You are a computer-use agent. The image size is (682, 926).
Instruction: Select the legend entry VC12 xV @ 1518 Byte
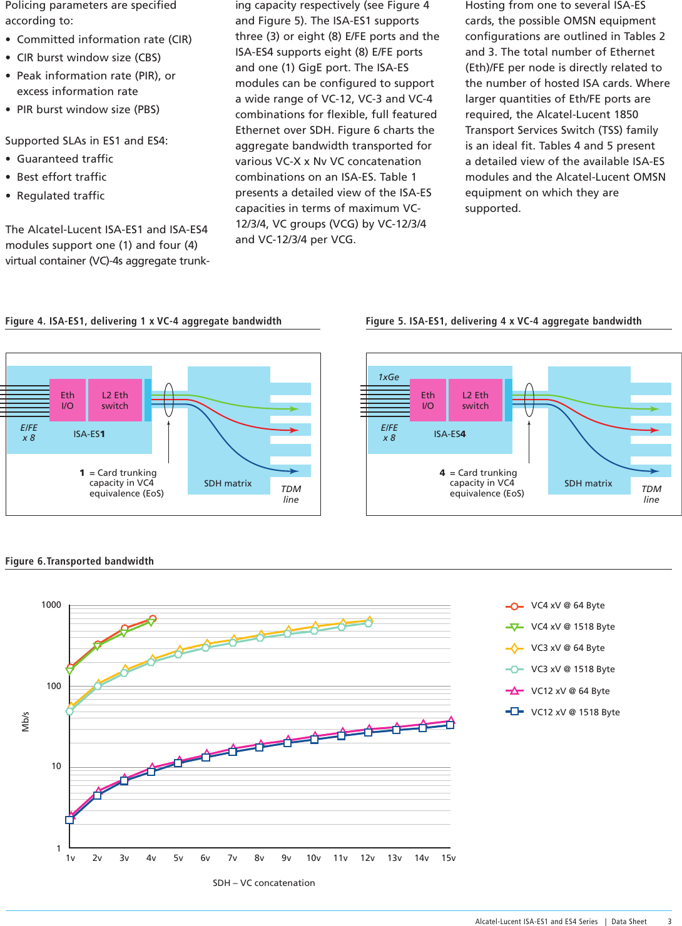coord(574,712)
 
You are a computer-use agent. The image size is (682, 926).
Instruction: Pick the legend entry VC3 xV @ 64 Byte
coord(567,648)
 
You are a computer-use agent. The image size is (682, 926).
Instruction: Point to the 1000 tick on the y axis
coord(51,605)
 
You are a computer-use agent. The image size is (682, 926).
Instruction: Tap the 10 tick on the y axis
coord(56,766)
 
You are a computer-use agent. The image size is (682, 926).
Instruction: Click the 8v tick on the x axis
coord(259,858)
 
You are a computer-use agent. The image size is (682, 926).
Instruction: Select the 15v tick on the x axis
coord(449,858)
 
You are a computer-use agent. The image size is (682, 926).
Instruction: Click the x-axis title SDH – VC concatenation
coord(263,883)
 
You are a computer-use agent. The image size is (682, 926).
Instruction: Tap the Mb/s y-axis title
coord(26,721)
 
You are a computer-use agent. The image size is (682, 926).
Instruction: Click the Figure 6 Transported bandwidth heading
coord(79,561)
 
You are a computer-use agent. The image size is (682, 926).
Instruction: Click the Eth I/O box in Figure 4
coord(68,400)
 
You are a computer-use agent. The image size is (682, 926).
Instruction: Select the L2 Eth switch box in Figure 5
coord(476,400)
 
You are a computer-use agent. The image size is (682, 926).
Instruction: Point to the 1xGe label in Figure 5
coord(389,377)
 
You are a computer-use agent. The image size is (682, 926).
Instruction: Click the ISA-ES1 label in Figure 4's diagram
coord(89,434)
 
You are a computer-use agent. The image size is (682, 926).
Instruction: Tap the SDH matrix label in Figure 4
coord(228,483)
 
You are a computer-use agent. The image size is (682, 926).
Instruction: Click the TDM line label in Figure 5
coord(651,494)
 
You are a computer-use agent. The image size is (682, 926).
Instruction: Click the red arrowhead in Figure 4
coord(293,430)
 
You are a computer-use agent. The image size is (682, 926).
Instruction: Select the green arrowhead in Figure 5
coord(654,409)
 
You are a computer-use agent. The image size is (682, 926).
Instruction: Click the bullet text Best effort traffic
coord(61,177)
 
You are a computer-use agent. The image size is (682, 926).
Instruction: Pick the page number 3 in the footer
coord(669,921)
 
